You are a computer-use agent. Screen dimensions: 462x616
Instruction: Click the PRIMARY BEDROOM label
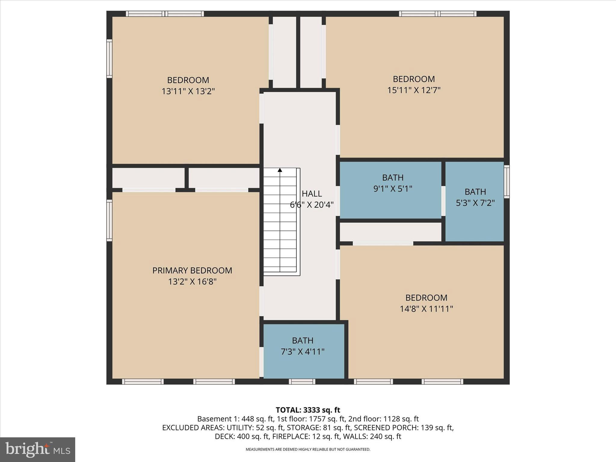(192, 270)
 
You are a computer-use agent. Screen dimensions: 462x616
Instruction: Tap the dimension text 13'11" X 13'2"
(188, 91)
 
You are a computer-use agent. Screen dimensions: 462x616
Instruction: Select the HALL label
(312, 193)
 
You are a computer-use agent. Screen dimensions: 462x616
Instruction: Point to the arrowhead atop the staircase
(280, 170)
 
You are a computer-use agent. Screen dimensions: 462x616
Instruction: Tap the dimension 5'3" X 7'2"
(475, 203)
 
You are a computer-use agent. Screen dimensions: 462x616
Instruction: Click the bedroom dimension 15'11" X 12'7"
(414, 90)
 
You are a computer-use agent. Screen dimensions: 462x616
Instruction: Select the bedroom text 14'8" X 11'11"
(426, 309)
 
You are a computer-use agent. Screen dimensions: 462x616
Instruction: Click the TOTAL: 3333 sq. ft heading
(308, 410)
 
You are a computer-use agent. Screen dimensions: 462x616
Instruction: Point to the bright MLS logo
(37, 449)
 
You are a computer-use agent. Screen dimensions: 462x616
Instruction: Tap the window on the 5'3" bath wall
(507, 182)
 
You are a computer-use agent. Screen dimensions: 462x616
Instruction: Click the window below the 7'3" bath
(302, 381)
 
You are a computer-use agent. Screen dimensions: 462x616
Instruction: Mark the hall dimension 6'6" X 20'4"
(312, 205)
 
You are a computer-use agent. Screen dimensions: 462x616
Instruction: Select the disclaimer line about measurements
(308, 449)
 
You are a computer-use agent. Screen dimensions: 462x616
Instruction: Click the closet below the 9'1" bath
(390, 232)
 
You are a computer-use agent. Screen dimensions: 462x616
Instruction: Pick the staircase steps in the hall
(280, 223)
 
